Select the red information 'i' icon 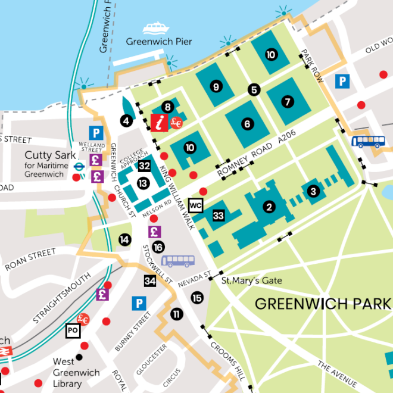click(x=159, y=123)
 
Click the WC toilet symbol click(x=195, y=205)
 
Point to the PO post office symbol click(x=73, y=330)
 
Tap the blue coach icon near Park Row click(x=367, y=142)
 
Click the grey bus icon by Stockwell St click(x=177, y=261)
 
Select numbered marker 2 click(x=269, y=207)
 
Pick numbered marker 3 click(x=313, y=191)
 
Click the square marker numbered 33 click(x=219, y=216)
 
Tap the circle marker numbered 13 click(x=144, y=183)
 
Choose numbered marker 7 click(x=288, y=102)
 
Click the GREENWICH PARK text click(x=323, y=303)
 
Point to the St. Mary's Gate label click(x=251, y=280)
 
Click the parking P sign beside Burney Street click(x=139, y=304)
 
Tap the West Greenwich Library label click(x=67, y=372)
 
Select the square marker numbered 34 click(x=150, y=280)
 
